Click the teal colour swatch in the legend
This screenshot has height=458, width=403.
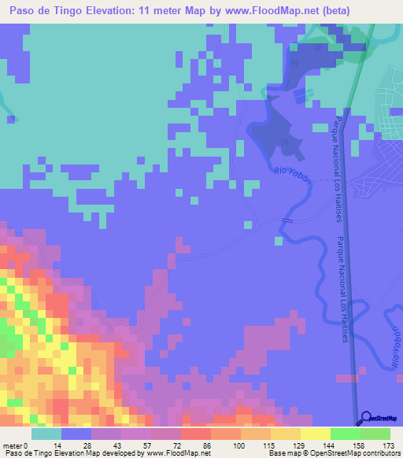click(46, 434)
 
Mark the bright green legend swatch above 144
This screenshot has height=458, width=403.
click(345, 434)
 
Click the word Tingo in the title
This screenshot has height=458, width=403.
click(87, 12)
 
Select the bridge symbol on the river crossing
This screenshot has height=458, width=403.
click(288, 221)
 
